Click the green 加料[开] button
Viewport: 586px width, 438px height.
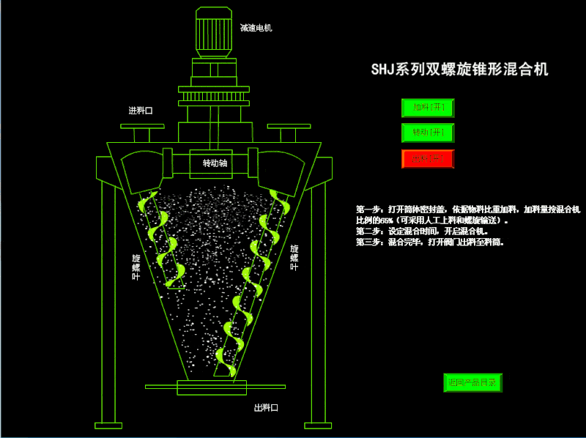pos(428,108)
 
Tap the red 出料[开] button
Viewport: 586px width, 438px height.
pos(428,158)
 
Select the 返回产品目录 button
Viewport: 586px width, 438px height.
pos(472,382)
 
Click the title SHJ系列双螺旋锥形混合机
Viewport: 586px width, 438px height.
pos(460,70)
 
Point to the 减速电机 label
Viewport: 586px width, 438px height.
pos(256,28)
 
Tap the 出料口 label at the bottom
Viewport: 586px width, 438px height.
pos(266,408)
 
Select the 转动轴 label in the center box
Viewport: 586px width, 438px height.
pos(215,163)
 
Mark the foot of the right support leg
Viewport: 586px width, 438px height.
pos(319,424)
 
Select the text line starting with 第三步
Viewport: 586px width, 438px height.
pos(429,241)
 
